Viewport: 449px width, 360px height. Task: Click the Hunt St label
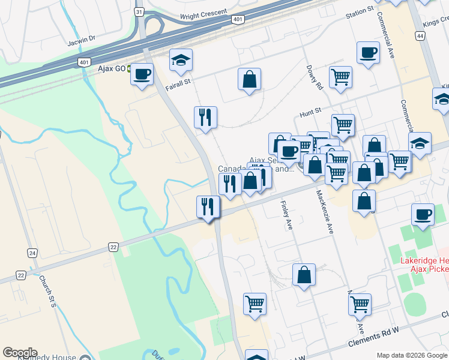311,111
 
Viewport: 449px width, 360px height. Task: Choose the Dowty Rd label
315,77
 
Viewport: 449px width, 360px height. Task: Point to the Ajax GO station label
112,68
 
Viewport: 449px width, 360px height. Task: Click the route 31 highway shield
139,11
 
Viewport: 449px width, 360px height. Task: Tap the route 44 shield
420,37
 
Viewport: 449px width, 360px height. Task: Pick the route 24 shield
32,253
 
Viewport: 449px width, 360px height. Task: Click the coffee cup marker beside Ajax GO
142,75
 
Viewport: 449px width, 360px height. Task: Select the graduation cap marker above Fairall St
181,61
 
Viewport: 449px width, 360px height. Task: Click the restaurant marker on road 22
208,208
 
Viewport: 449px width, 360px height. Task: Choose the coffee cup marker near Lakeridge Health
423,215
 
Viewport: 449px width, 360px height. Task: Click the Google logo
20,353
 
